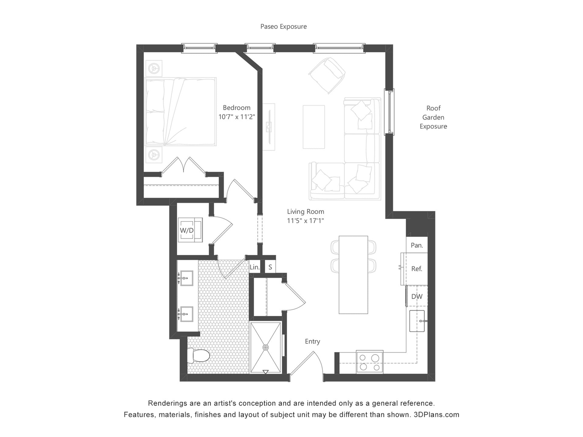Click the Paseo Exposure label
tap(284, 27)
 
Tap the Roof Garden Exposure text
tap(433, 117)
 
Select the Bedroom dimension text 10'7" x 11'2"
tap(237, 117)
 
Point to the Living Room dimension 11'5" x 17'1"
tap(305, 221)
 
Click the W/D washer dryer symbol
tap(190, 230)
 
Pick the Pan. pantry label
tap(417, 245)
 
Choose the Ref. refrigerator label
tap(417, 269)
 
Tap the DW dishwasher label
tap(417, 296)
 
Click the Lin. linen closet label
tap(255, 267)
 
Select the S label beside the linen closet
tap(270, 267)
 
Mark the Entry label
tap(312, 341)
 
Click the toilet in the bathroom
tap(199, 355)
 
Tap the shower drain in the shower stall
tap(266, 347)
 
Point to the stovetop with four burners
tap(370, 362)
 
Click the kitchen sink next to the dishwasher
tap(417, 321)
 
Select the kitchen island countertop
tap(353, 275)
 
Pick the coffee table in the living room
tap(314, 127)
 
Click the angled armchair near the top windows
tap(327, 76)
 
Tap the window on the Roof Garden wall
tap(389, 112)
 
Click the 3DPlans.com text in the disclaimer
tap(437, 415)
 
